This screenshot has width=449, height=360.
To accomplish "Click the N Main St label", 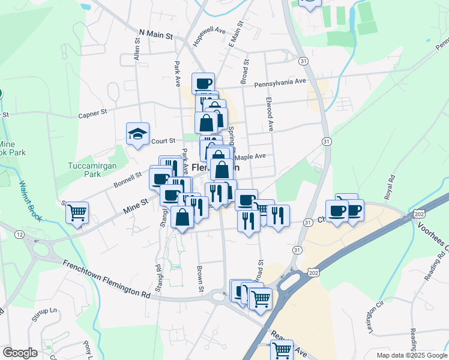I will coord(155,35).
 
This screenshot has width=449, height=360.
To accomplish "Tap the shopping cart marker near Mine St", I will coord(77,212).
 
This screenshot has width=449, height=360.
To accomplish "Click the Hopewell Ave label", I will coord(208,37).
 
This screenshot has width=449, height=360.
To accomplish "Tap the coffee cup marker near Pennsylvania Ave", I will coord(203,83).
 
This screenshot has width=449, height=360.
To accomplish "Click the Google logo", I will coord(20,352).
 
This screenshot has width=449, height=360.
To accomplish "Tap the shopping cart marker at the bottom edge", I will coord(282,349).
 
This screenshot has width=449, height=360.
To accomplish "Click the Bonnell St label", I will coord(130,176).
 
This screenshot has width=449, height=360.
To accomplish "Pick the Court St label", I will coord(163,141).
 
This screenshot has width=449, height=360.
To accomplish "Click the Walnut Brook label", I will coord(29,201).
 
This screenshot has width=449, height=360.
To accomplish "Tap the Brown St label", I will coord(200,276).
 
